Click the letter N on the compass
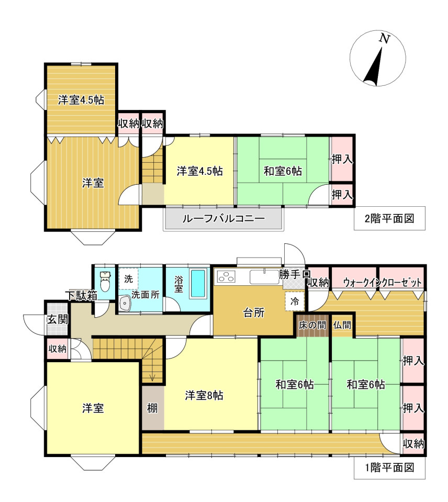click(x=384, y=39)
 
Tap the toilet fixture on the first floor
click(x=105, y=281)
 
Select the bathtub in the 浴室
click(x=197, y=284)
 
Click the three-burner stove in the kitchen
click(x=226, y=276)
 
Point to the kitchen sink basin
click(x=264, y=277)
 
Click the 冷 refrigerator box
click(x=295, y=302)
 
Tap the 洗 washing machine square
click(x=129, y=279)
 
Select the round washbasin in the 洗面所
click(x=125, y=303)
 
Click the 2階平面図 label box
click(x=389, y=218)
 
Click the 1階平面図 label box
click(x=389, y=467)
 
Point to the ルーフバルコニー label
click(x=223, y=219)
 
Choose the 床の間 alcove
click(x=312, y=325)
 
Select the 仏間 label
click(x=342, y=325)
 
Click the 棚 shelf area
click(x=153, y=408)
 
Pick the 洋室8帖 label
click(x=204, y=395)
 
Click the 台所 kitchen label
click(x=254, y=313)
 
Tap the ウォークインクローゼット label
click(x=383, y=283)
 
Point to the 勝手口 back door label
click(x=295, y=274)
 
